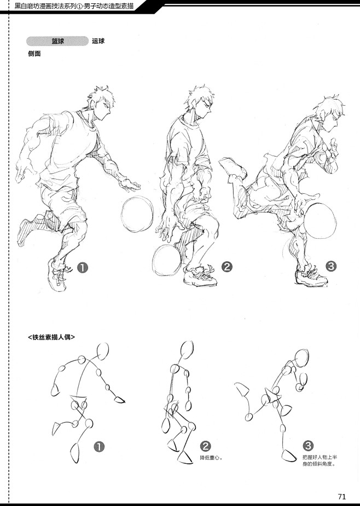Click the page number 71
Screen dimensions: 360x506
(342, 496)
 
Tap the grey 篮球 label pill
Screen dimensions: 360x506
(57, 41)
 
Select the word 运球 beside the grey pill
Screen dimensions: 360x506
(98, 41)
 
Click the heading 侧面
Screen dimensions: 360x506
(34, 54)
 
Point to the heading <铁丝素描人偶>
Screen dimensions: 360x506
(51, 337)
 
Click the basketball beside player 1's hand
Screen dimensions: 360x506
(137, 215)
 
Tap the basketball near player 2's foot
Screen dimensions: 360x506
(167, 260)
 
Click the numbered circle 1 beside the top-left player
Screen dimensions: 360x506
(83, 268)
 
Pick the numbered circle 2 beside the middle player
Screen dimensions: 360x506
(227, 267)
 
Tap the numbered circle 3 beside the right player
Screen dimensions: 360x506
(331, 266)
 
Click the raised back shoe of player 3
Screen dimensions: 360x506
(233, 168)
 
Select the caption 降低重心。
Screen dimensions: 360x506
(211, 458)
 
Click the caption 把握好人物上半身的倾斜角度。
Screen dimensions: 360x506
(320, 461)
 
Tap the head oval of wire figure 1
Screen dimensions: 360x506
(102, 352)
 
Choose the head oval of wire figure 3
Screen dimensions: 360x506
(301, 358)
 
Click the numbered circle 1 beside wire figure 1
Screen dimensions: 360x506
(99, 447)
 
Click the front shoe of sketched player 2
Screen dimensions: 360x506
(200, 276)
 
